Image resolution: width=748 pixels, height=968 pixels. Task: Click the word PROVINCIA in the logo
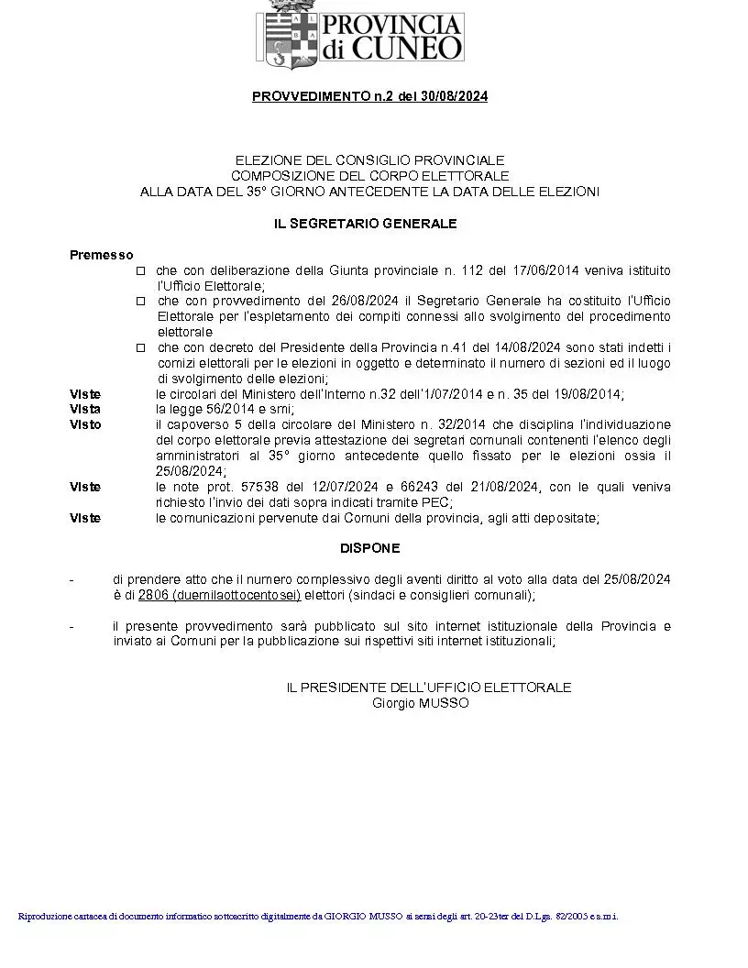coord(392,26)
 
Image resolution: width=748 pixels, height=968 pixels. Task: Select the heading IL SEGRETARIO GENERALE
coord(365,223)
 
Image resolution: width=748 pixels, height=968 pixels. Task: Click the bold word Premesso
coord(101,255)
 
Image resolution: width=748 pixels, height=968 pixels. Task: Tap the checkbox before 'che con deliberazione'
coord(141,271)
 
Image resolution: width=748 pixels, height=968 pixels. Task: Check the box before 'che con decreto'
coord(141,347)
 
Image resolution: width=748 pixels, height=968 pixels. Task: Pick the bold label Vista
coord(85,409)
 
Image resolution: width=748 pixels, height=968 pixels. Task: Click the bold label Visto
coord(85,424)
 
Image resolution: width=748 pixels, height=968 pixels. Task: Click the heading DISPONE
coord(369,548)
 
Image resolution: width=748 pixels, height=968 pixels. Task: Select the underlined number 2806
coord(152,595)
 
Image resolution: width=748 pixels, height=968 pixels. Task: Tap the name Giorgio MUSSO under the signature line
coord(421,703)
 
